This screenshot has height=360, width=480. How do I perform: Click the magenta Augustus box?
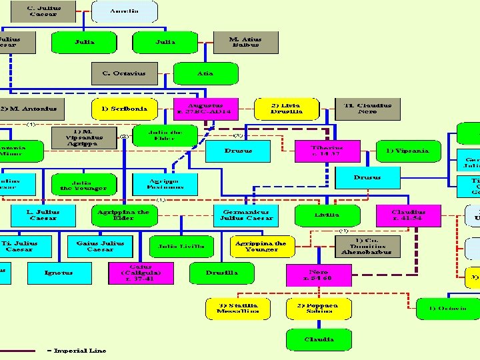click(205, 108)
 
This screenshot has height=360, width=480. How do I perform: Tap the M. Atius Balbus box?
click(245, 42)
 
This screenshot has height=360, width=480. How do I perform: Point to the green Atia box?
click(205, 73)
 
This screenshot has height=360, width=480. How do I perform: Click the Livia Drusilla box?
click(287, 108)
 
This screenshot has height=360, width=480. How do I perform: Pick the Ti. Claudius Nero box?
click(367, 108)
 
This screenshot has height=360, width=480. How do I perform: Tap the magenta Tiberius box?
click(327, 151)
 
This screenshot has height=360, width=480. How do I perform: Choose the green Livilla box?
click(327, 215)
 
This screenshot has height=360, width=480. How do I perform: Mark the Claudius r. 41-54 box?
click(408, 215)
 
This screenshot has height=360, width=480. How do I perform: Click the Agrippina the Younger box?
click(261, 246)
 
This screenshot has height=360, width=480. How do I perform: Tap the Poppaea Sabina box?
click(318, 307)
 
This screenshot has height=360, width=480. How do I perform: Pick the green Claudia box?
click(318, 339)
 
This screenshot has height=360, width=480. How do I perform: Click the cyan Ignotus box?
click(59, 273)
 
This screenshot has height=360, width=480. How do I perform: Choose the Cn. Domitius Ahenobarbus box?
click(367, 247)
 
